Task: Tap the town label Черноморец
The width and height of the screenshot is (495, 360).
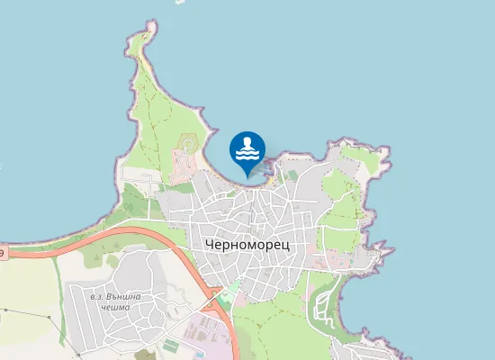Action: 247,245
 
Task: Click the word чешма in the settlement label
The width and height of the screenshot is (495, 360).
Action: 115,308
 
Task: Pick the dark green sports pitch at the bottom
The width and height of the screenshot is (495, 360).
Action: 171,346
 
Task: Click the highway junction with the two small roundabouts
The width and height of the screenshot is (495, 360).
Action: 215,292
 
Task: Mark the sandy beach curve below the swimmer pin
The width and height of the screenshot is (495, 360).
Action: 229,176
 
